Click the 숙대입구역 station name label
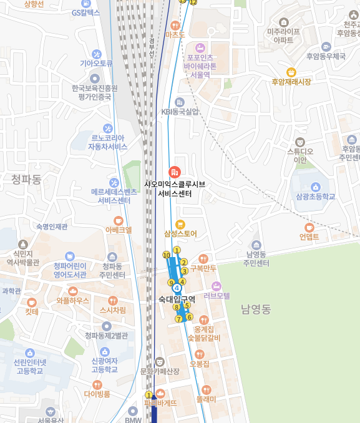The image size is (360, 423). coord(177,299)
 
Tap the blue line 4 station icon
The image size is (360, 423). coord(177,288)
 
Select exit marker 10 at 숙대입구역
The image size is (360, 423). coord(167,255)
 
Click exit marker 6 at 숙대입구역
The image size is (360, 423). coord(189,317)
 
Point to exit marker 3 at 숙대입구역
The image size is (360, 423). coord(185,271)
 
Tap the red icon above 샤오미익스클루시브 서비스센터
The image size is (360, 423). coord(175,172)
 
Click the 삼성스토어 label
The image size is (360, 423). coord(180,234)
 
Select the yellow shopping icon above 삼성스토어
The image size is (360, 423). coord(180,224)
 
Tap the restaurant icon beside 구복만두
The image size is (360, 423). coord(203,258)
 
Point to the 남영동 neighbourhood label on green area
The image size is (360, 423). coord(256,309)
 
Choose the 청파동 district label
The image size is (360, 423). coord(26,180)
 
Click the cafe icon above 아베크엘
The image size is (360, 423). coord(119,220)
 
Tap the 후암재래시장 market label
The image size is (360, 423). coord(291,82)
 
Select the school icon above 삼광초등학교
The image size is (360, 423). coord(316,186)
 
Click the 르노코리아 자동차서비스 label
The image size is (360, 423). coord(107,142)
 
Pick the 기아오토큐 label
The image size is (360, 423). coord(96,64)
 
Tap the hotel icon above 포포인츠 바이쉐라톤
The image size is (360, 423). coord(200,47)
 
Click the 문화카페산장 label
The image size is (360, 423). coord(160,371)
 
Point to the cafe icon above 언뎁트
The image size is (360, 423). coord(309,227)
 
